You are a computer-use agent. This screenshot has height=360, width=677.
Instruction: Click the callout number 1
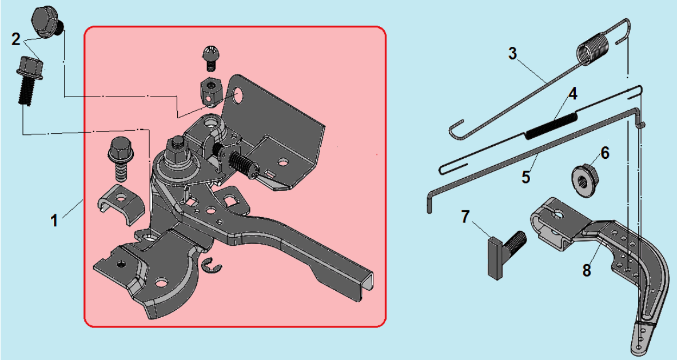point(54,221)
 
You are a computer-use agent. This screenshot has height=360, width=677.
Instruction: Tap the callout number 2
point(16,39)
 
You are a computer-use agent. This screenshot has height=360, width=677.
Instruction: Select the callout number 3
point(512,54)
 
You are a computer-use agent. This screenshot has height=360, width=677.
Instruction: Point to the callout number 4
point(572,94)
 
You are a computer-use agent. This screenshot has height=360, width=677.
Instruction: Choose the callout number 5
point(525,177)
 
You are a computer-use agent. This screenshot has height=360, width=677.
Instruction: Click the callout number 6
point(605,153)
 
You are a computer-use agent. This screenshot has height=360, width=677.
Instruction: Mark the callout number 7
point(464,217)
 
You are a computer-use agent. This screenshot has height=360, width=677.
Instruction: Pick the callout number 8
point(586,270)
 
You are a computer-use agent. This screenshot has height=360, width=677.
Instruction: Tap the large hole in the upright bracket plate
point(237,96)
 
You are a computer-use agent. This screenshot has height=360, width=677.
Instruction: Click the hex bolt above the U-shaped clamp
point(118,159)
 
